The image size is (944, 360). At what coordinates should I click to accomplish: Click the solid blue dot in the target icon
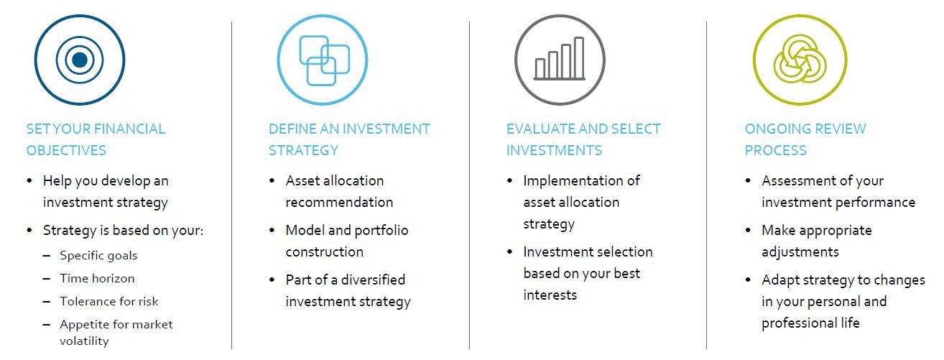(x=80, y=60)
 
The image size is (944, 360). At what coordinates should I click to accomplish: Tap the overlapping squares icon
(x=325, y=60)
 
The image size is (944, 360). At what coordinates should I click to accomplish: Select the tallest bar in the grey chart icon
(x=579, y=57)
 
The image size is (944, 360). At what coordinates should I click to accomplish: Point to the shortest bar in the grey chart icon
(x=540, y=68)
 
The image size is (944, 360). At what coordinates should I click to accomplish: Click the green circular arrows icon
(x=800, y=59)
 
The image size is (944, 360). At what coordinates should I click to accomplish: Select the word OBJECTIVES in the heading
(x=66, y=150)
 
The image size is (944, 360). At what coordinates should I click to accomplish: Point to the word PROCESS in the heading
(x=775, y=150)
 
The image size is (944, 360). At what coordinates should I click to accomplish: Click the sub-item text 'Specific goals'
(x=98, y=256)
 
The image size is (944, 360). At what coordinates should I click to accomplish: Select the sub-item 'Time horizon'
(x=97, y=278)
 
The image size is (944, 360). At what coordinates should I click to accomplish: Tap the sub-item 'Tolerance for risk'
(x=108, y=301)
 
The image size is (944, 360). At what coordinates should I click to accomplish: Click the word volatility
(x=84, y=341)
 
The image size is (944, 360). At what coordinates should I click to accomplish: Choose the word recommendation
(x=339, y=203)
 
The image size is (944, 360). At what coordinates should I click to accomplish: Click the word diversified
(x=373, y=280)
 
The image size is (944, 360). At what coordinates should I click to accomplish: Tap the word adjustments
(x=800, y=252)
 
